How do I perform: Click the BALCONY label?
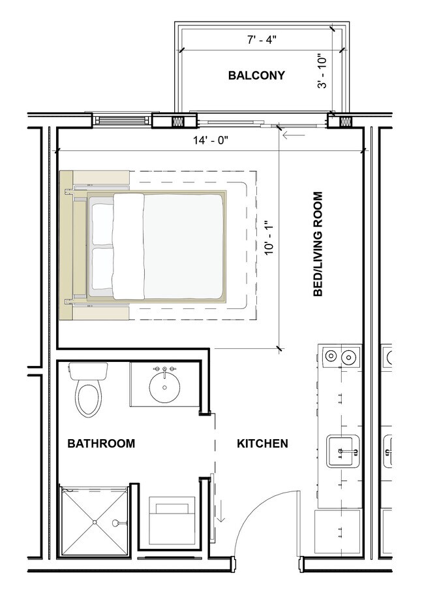[x=256, y=75]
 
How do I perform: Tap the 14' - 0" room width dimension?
[x=210, y=139]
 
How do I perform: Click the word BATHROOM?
[x=101, y=444]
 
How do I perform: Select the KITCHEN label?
[x=262, y=444]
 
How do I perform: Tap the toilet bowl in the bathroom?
[x=89, y=399]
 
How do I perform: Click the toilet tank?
[x=88, y=372]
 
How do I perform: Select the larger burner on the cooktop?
[x=350, y=357]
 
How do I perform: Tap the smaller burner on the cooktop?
[x=331, y=357]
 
